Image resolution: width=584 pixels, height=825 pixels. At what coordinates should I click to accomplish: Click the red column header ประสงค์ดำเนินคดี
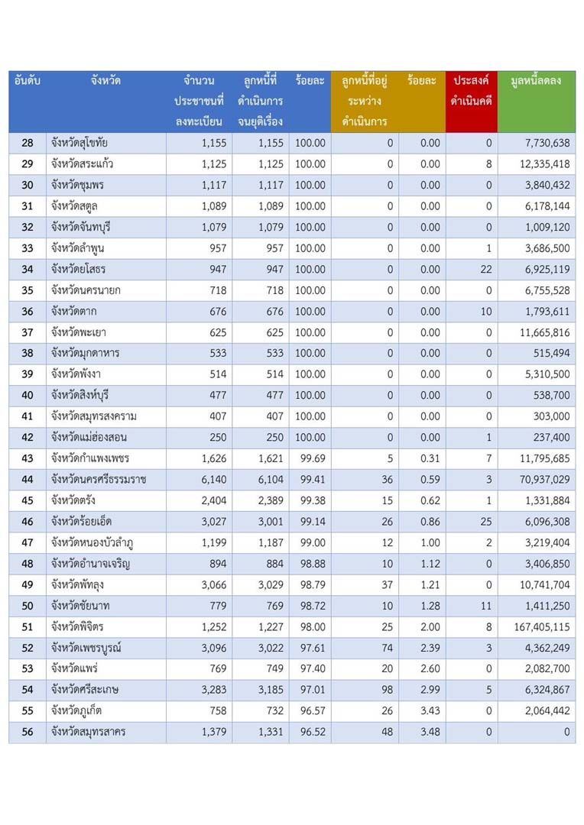click(x=472, y=90)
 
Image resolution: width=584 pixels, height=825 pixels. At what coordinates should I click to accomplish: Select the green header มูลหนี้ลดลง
click(x=536, y=81)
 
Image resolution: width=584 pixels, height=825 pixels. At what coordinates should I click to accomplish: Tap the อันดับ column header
click(x=28, y=80)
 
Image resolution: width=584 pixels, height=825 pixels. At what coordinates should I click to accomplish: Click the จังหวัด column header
click(x=105, y=80)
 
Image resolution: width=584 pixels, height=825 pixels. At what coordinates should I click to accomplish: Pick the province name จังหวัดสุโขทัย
click(x=79, y=143)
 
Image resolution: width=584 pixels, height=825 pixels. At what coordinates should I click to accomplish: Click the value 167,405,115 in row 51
click(x=542, y=626)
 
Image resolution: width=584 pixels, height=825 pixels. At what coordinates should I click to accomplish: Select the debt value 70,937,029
click(x=544, y=479)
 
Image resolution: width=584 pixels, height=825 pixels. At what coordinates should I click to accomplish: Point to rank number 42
click(x=28, y=437)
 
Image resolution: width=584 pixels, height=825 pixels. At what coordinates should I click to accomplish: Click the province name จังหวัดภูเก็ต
click(x=76, y=711)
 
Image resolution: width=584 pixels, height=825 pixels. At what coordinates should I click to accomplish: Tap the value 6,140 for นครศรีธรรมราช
click(x=214, y=479)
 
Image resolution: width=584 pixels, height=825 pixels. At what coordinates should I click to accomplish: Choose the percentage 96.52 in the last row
click(x=313, y=732)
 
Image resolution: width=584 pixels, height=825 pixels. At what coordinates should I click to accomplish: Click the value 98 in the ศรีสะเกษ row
click(x=387, y=690)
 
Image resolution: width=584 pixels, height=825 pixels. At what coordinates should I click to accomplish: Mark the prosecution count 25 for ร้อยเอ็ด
click(x=486, y=522)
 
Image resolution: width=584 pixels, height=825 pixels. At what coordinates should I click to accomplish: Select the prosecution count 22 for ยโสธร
click(x=486, y=270)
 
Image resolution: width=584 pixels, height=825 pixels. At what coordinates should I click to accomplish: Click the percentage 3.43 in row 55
click(x=430, y=711)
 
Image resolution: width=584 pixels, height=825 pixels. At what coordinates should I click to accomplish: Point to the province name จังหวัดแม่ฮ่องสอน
click(x=89, y=437)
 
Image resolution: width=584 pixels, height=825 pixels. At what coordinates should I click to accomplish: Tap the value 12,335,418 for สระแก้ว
click(x=544, y=164)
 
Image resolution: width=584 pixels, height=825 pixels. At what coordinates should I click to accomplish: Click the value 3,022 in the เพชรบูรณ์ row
click(x=271, y=648)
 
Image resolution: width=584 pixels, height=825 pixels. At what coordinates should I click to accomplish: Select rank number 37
click(x=28, y=332)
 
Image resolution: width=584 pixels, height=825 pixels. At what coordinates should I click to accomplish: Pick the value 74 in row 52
click(x=387, y=648)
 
